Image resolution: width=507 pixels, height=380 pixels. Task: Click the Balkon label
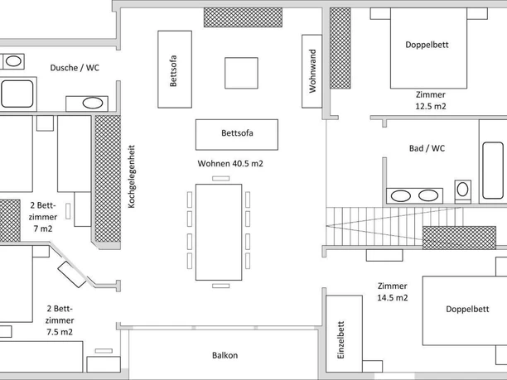click(225, 355)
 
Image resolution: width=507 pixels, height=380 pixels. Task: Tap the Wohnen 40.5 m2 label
click(230, 164)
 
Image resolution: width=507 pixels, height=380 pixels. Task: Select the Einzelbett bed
click(346, 338)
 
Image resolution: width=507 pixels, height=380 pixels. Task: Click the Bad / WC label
click(427, 148)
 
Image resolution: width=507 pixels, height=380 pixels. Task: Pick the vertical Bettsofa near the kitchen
click(172, 68)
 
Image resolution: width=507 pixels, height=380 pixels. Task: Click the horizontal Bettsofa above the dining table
click(236, 133)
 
